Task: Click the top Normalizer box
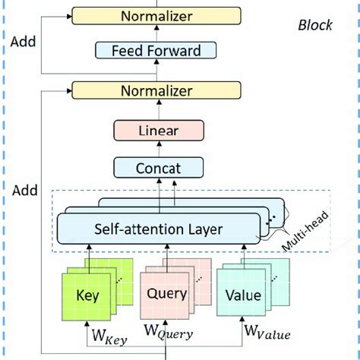(x=156, y=15)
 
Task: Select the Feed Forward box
(x=156, y=52)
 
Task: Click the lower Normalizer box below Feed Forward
(x=156, y=91)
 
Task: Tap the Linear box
(x=159, y=131)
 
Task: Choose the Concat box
(x=159, y=167)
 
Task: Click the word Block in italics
(x=314, y=25)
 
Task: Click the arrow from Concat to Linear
(x=159, y=149)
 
